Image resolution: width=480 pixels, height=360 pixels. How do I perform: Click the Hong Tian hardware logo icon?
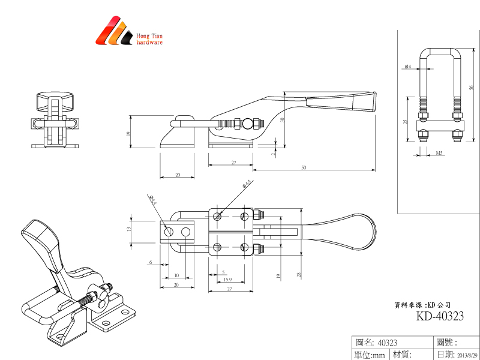click(114, 32)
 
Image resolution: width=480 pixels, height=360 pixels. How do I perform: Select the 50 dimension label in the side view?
click(304, 167)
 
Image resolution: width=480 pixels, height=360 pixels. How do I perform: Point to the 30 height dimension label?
click(281, 120)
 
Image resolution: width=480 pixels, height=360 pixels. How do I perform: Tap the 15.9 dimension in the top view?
click(227, 280)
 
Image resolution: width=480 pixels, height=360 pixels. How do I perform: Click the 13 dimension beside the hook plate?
click(128, 229)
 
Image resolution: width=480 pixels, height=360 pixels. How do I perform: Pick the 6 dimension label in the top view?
click(151, 263)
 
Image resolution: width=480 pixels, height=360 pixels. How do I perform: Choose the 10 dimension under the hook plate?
click(176, 275)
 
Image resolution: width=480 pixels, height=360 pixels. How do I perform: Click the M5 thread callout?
click(440, 153)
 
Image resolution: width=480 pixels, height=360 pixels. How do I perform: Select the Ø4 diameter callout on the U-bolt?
click(407, 66)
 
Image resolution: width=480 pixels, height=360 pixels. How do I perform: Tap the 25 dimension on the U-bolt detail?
click(405, 122)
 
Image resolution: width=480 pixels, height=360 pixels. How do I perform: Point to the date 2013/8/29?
click(465, 355)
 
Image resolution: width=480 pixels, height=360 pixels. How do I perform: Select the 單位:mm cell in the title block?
click(370, 355)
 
